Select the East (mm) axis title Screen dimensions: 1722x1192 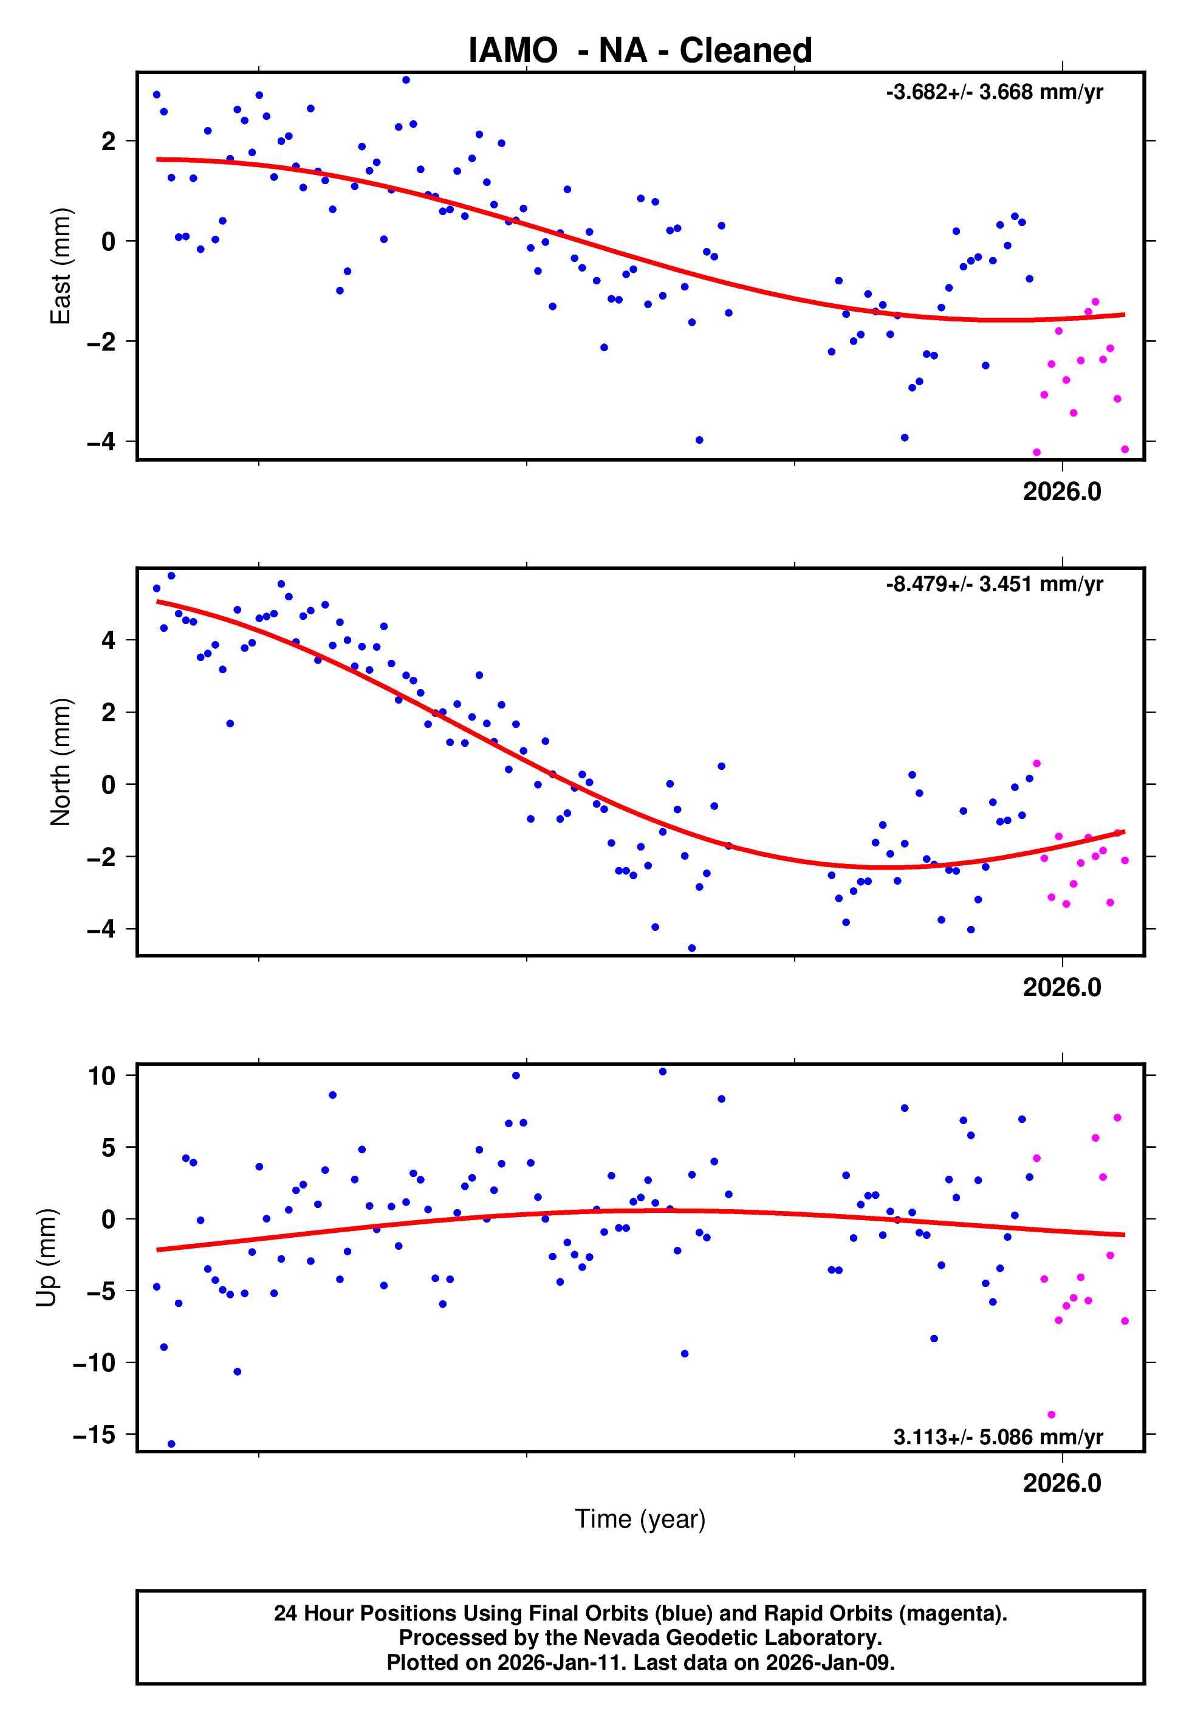60,266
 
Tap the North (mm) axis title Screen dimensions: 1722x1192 60,762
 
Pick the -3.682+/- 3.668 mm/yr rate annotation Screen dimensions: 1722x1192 994,92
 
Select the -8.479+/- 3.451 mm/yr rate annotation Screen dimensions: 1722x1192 994,584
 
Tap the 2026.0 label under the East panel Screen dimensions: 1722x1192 1061,492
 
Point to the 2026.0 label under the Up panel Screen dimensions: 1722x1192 1061,1483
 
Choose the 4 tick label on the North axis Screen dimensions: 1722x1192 109,640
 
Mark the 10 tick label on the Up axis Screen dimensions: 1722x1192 101,1076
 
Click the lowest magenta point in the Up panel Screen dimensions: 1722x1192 1051,1415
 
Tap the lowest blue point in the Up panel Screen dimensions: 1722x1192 171,1444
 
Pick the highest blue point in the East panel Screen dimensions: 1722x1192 406,80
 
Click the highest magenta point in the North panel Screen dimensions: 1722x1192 1036,763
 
